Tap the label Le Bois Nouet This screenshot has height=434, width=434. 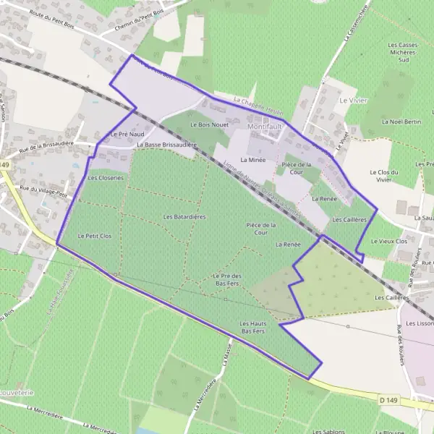209,124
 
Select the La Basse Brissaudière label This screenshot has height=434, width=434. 166,145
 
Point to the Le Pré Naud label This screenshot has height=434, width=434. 128,135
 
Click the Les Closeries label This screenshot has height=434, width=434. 106,177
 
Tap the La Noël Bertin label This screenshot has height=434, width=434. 401,122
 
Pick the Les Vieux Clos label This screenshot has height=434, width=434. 389,241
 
